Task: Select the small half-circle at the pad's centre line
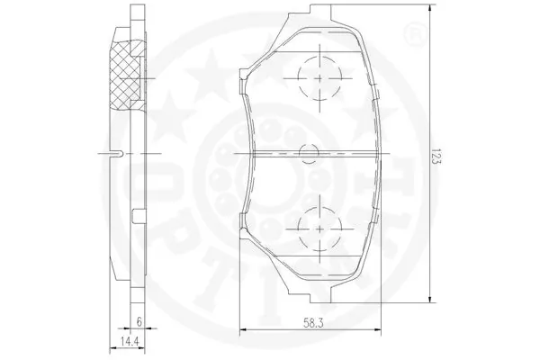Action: (x=309, y=154)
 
